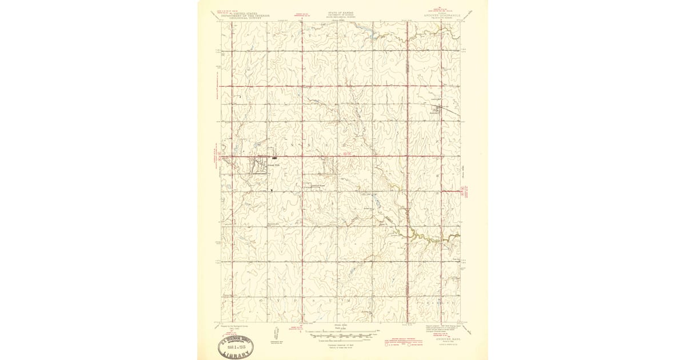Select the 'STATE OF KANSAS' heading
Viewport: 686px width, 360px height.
[341, 11]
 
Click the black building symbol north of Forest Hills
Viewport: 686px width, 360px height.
[275, 157]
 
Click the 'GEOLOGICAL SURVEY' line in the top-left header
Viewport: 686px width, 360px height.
[246, 18]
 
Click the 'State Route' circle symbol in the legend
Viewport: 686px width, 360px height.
[410, 345]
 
